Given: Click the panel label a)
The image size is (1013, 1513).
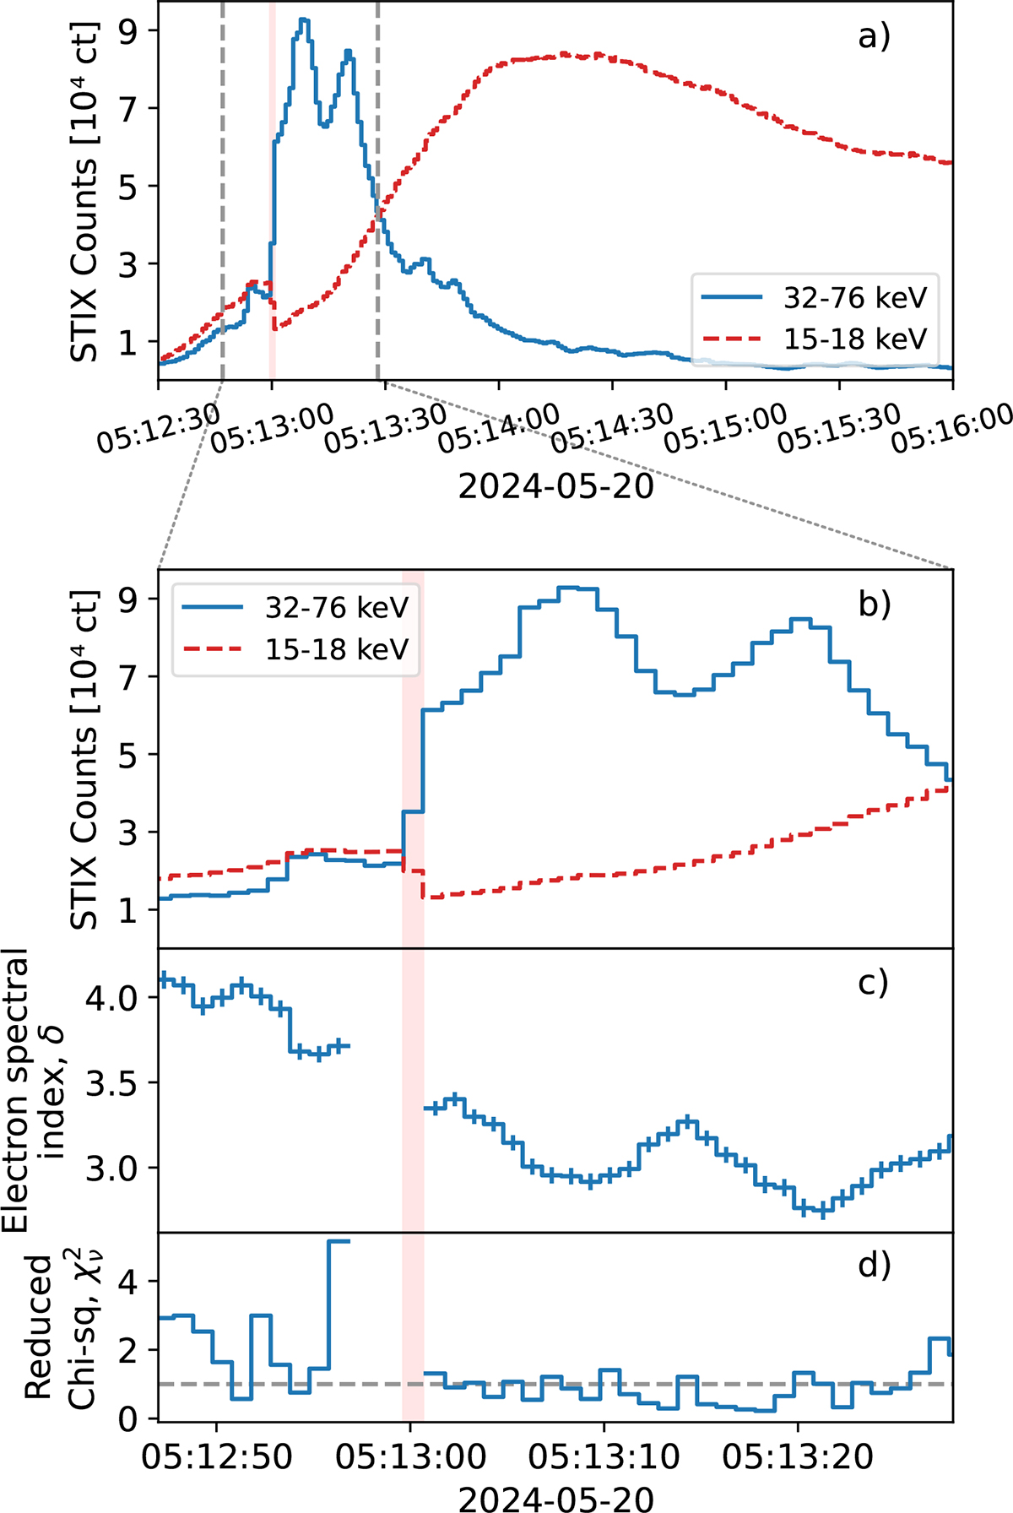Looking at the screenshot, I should point(874,36).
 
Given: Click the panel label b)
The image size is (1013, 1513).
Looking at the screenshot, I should point(874,605).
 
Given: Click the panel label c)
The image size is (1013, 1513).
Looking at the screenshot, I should point(872,982).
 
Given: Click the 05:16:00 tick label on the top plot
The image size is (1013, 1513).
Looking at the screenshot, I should point(953,428).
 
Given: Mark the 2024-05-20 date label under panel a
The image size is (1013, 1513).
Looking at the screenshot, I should point(555,486).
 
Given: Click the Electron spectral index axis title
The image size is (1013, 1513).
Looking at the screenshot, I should point(37,1089).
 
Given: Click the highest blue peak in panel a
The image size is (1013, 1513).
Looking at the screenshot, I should point(303,19).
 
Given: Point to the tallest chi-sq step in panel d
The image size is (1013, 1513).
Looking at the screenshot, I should point(339,1241).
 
